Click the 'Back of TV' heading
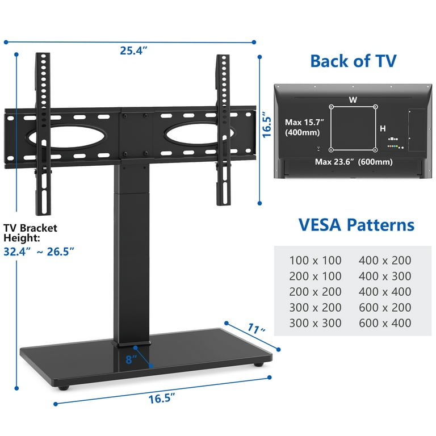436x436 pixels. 353,61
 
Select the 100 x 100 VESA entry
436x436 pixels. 315,261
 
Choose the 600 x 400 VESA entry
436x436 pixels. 385,323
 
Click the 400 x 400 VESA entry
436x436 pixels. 385,292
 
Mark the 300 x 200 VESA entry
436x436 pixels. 315,308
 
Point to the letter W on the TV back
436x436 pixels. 353,100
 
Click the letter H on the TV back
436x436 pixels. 383,129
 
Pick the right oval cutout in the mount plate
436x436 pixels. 190,137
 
